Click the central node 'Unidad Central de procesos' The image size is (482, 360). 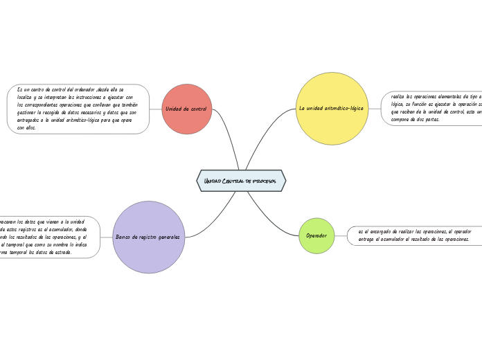(241, 181)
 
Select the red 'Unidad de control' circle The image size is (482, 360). (186, 109)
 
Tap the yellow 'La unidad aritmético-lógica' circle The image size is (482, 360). (332, 109)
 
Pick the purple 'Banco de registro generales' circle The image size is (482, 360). (148, 237)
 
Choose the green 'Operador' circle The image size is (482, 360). (316, 235)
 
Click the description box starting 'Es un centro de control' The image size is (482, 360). (78, 109)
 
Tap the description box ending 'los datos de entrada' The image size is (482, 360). (48, 237)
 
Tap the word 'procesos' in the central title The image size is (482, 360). (265, 181)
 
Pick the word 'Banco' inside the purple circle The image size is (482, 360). (124, 237)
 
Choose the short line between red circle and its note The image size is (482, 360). (155, 109)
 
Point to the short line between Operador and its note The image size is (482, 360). (341, 235)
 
